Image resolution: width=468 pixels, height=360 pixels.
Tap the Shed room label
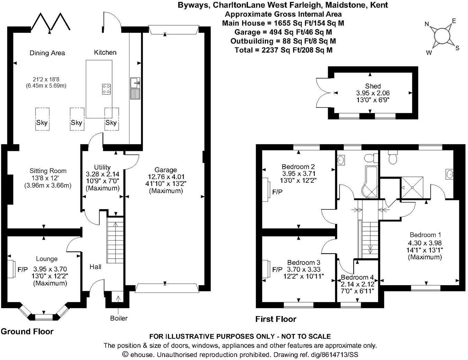(x=373, y=86)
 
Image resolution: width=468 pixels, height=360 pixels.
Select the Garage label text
(x=166, y=170)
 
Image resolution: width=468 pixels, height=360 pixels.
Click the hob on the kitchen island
(x=106, y=89)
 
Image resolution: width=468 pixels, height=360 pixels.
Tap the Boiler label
(x=119, y=318)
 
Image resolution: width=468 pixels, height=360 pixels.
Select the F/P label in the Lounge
(x=22, y=269)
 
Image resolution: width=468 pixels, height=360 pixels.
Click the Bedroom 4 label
(x=357, y=277)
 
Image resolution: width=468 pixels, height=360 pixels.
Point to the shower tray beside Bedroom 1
(x=412, y=187)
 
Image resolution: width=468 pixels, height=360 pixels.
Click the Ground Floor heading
(x=27, y=331)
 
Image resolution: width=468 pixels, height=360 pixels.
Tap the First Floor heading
(x=276, y=319)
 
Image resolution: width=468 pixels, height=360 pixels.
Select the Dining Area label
(x=47, y=53)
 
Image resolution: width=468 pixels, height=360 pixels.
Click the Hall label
(x=96, y=267)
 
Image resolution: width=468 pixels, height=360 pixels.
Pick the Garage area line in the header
(x=283, y=32)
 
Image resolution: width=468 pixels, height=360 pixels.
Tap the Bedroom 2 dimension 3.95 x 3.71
(x=298, y=173)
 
